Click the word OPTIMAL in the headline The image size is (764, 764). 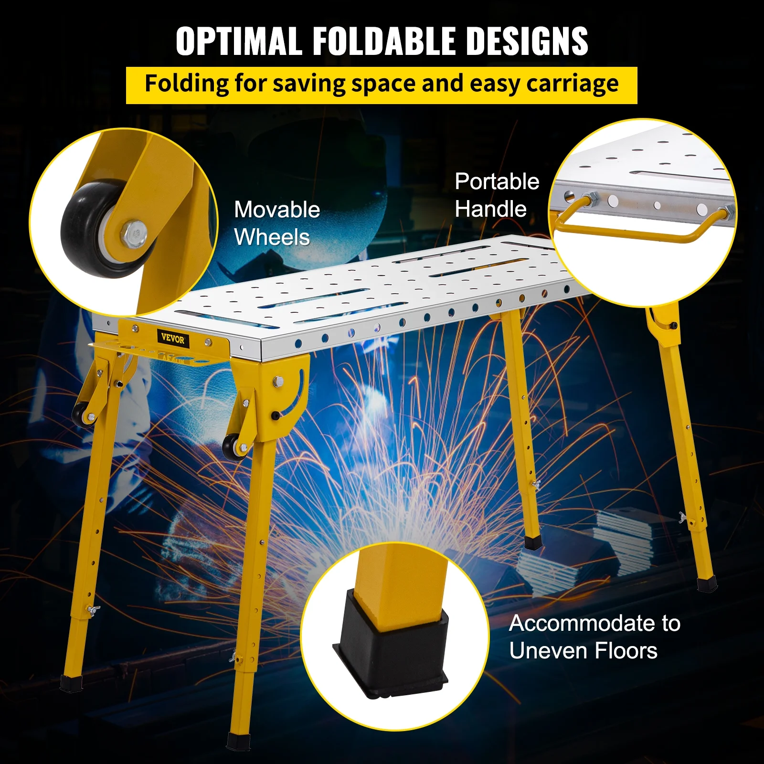pos(239,41)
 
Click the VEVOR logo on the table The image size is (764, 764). pos(172,339)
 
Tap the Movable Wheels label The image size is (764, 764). pos(277,223)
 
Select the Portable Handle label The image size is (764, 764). pos(497,195)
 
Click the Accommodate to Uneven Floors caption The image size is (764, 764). pos(594,637)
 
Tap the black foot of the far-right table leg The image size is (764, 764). pos(707,584)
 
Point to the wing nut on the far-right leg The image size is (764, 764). pos(684,518)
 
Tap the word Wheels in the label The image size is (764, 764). pos(272,237)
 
